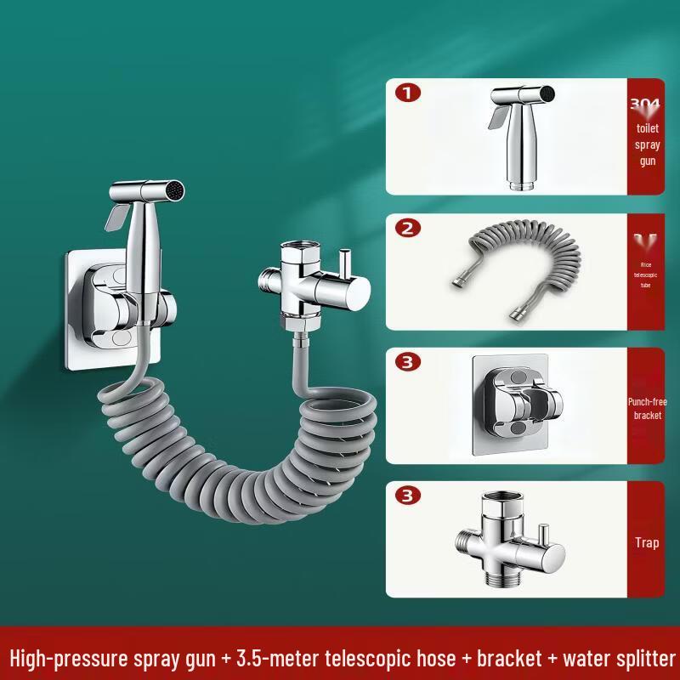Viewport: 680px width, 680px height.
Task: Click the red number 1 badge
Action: pyautogui.click(x=408, y=93)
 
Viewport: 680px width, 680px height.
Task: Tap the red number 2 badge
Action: pyautogui.click(x=408, y=229)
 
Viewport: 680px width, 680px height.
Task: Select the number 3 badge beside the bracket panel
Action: pyautogui.click(x=409, y=362)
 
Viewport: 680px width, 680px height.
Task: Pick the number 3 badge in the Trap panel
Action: pyautogui.click(x=409, y=496)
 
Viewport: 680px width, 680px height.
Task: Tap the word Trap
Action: pyautogui.click(x=647, y=542)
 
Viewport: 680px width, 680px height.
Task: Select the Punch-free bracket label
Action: pyautogui.click(x=647, y=408)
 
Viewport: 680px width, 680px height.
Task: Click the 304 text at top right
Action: pyautogui.click(x=645, y=105)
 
